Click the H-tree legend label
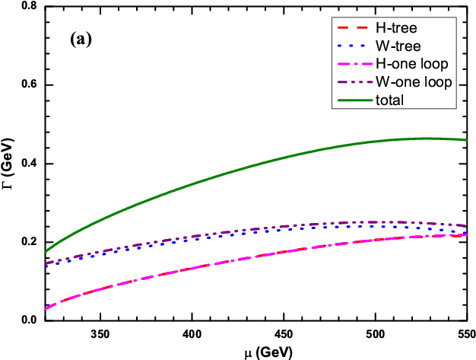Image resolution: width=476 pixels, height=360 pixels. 396,27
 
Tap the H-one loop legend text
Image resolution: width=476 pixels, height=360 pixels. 411,64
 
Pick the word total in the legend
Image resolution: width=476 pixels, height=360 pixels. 389,100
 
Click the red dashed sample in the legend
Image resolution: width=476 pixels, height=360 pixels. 354,27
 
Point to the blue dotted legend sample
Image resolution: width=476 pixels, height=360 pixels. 354,46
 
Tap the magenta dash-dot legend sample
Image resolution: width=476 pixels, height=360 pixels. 354,64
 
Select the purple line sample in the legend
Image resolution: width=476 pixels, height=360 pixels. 354,81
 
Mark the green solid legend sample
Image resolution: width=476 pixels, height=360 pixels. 354,100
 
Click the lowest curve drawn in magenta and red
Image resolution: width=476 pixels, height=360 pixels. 228,260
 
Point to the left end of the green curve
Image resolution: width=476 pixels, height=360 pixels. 46,250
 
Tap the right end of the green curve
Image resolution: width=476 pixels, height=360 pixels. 466,140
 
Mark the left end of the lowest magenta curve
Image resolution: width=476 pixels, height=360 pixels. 46,308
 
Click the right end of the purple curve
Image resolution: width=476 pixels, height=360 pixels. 466,225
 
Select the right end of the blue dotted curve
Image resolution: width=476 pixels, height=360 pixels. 466,232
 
